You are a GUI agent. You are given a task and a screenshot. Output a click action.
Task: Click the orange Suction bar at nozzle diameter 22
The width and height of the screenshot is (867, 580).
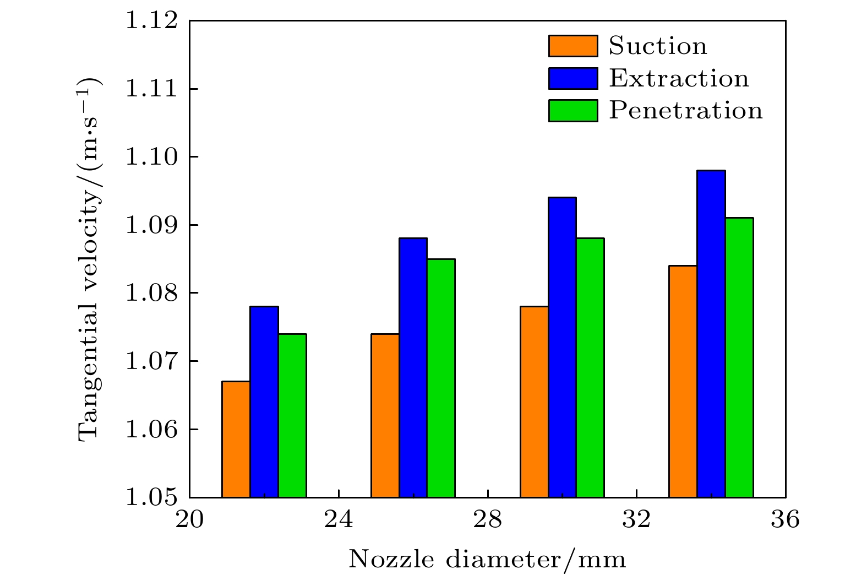tap(236, 439)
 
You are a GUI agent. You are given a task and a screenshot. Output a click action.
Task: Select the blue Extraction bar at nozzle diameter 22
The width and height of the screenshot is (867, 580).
tap(264, 402)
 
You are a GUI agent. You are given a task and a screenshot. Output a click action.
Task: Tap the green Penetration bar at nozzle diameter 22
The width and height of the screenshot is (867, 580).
tap(292, 415)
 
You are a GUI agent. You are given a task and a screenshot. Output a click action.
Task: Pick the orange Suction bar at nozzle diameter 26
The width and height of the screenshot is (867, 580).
tap(385, 415)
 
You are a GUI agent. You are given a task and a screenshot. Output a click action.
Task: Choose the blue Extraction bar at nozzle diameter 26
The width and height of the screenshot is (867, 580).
tap(413, 367)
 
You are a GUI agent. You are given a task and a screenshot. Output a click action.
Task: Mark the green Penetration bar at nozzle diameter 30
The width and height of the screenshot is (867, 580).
tap(590, 367)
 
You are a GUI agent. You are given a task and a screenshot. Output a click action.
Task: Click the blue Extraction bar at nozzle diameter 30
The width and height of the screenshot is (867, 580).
tap(562, 347)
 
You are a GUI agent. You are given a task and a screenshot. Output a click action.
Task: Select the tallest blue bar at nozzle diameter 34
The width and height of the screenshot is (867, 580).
tap(711, 334)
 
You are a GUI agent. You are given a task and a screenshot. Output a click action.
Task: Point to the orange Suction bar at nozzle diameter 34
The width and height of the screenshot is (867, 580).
tap(683, 381)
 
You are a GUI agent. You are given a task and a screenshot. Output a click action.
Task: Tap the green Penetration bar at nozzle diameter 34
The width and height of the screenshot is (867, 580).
tap(739, 357)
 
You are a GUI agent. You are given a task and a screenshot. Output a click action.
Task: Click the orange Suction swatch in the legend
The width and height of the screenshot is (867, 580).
tap(572, 46)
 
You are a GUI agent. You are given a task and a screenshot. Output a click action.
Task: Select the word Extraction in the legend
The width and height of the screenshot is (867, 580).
tap(679, 79)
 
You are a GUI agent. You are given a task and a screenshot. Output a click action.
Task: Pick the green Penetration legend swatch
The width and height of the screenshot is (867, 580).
tap(572, 111)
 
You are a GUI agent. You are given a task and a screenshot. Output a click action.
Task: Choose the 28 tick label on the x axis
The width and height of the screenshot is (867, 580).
tap(488, 519)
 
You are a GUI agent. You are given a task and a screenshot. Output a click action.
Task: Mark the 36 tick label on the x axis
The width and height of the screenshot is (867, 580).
tap(785, 519)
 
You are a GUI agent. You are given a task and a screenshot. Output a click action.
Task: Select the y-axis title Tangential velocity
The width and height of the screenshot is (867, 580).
tap(90, 259)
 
